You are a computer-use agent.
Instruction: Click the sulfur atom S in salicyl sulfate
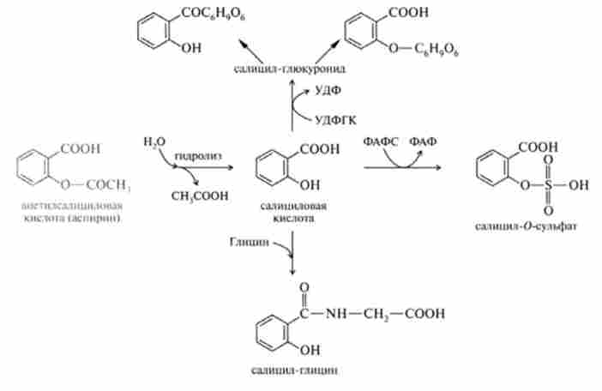click(x=548, y=183)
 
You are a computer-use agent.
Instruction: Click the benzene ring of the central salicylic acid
click(x=274, y=167)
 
